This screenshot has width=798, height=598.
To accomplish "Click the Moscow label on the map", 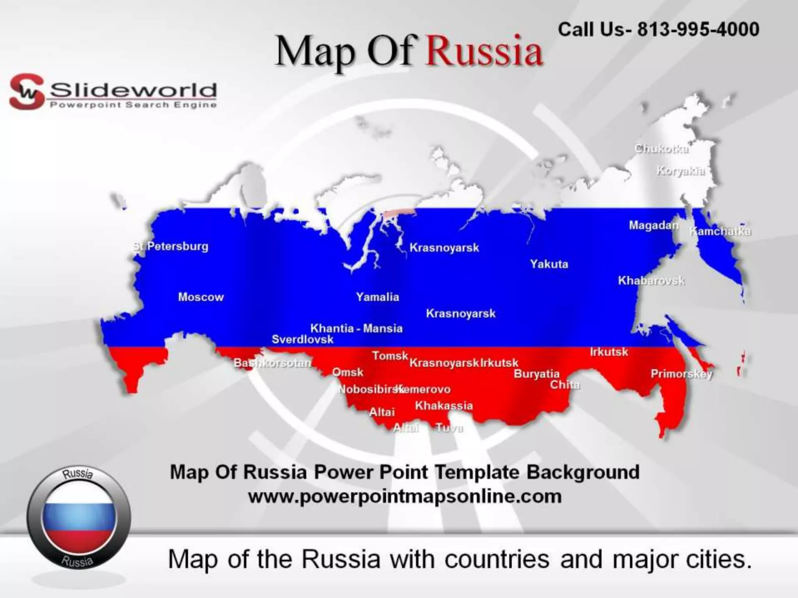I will [x=201, y=297].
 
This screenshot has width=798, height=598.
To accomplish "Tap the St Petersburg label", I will [x=171, y=246].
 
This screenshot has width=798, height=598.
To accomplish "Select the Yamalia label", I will [x=378, y=297].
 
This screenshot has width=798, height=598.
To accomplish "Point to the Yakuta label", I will [x=549, y=264].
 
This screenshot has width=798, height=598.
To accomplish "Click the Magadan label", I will [x=653, y=225].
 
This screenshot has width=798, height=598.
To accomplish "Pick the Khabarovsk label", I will [x=651, y=281].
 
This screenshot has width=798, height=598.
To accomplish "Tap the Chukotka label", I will [x=661, y=149].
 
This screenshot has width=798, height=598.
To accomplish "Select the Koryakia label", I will [x=680, y=171].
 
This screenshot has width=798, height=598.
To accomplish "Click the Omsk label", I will [x=348, y=372].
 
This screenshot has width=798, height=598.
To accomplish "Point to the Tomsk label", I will [x=390, y=355].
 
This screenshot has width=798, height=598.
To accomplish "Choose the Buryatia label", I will [x=537, y=374].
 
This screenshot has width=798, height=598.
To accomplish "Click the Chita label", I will [x=565, y=385].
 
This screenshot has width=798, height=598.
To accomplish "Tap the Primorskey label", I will [x=681, y=374].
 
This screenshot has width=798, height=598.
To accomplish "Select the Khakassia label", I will [x=444, y=406].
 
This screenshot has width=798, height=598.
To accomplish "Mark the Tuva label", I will [x=449, y=428].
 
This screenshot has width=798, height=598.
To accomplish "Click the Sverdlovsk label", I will [x=302, y=339].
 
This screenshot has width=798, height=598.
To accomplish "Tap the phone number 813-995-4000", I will [x=698, y=29].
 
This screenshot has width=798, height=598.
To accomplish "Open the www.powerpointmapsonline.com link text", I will [x=405, y=497].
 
